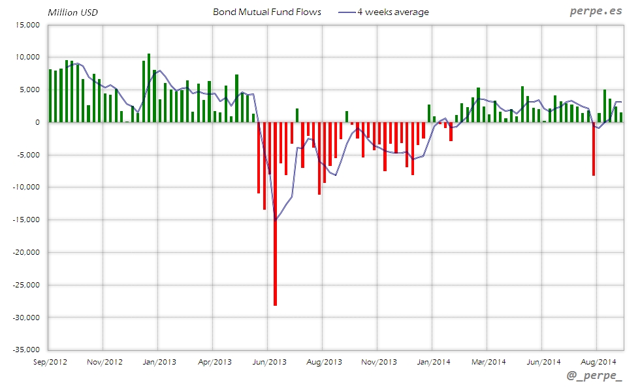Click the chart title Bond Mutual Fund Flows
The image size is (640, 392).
point(266,12)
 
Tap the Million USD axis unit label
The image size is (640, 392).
point(72,12)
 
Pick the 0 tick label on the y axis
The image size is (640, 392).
point(37,122)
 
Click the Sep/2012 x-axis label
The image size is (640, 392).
point(50,361)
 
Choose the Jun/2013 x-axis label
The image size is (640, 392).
point(269,361)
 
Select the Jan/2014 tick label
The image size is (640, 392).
point(434,361)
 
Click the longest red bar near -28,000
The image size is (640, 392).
point(275,216)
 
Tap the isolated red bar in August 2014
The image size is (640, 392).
point(594,149)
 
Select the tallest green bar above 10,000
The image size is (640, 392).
point(149,88)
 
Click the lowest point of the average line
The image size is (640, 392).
point(275,220)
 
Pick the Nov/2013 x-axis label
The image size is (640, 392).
point(379,361)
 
